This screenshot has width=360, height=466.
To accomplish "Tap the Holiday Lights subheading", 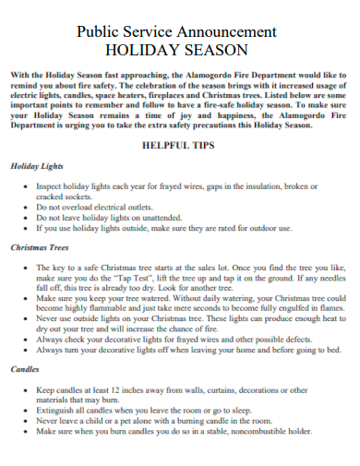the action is point(37,166).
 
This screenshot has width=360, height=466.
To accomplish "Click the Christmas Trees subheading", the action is point(42,247).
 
